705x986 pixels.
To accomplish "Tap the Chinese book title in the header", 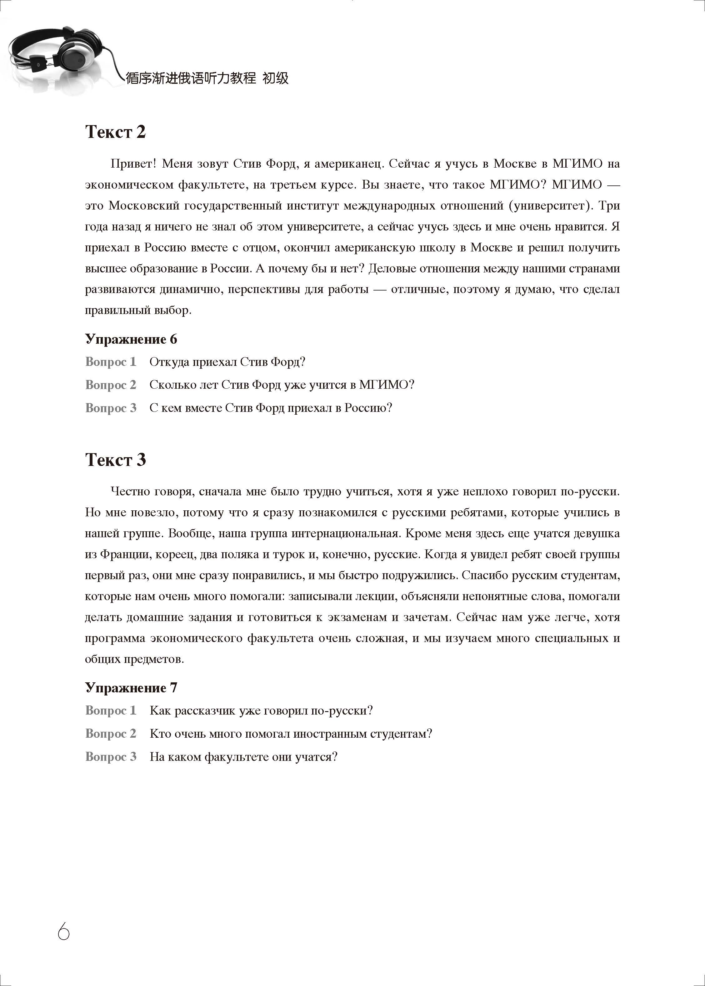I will point(207,78).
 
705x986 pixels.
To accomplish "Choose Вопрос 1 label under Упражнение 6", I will point(111,362).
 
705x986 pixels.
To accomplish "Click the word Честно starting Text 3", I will point(130,491).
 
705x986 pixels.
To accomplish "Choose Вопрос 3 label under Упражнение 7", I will point(111,757).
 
